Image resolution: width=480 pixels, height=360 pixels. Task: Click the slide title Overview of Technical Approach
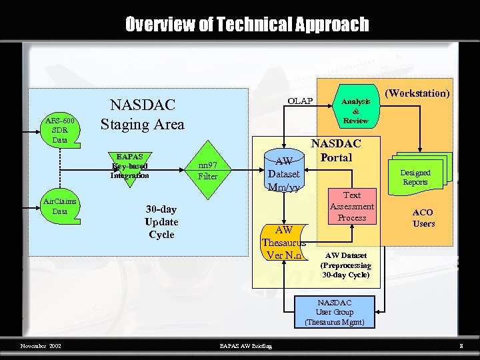click(247, 25)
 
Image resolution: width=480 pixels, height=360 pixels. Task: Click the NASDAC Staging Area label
click(142, 115)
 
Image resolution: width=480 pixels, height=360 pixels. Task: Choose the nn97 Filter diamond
click(208, 171)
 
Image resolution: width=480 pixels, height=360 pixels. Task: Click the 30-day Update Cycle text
click(161, 222)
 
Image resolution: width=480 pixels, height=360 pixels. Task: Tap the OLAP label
click(300, 101)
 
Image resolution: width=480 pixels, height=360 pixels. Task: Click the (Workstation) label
click(418, 93)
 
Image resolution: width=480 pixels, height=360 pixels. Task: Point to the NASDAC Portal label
click(336, 151)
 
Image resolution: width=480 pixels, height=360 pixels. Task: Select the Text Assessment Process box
click(352, 206)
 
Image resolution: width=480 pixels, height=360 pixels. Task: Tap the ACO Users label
click(423, 218)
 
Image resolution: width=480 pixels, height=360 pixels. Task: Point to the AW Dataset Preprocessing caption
click(347, 265)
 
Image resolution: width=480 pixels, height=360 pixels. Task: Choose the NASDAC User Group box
click(335, 312)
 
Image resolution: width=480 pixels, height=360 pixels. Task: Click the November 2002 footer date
click(41, 346)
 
